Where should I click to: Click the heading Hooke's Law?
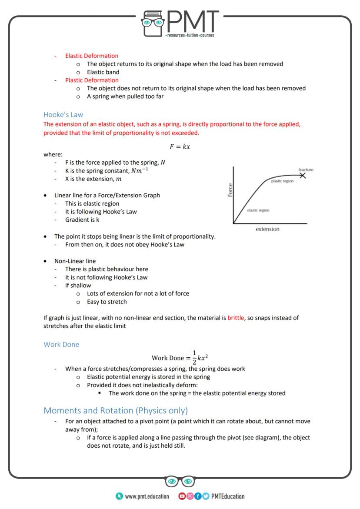point(63,115)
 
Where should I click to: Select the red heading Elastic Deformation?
point(91,56)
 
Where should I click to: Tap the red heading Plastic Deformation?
point(91,80)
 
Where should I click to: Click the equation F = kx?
point(180,146)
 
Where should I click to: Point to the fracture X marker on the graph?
point(303,175)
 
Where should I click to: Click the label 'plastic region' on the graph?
point(282,181)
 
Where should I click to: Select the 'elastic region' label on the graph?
point(258,210)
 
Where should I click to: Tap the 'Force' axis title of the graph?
point(230,190)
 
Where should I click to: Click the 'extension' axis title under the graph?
point(267,229)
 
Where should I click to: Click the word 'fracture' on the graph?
point(306,170)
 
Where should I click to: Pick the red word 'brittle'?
point(236,318)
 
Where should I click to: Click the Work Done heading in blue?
point(61,344)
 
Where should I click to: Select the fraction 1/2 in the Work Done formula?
point(194,358)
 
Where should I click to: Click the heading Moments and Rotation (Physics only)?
point(116,410)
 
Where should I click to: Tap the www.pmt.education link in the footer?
point(147,496)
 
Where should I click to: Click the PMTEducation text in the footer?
point(228,496)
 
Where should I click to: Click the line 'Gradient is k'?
point(82,220)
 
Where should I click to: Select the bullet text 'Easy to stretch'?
point(107,301)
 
